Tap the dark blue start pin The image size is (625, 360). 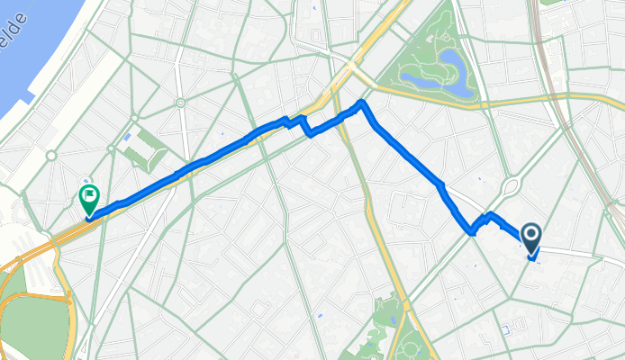click(x=530, y=238)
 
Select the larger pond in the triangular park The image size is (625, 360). click(x=452, y=78)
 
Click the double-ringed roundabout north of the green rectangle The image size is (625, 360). click(x=180, y=103)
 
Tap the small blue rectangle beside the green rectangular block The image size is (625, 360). click(x=126, y=137)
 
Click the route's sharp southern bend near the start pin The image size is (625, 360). click(x=471, y=233)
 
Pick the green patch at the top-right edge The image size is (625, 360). click(x=550, y=3)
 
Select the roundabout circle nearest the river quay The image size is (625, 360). click(x=51, y=155)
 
